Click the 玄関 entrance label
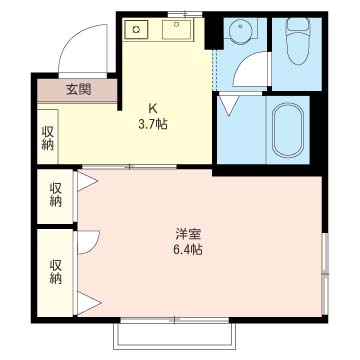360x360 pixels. click(79, 89)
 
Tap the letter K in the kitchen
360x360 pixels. click(153, 108)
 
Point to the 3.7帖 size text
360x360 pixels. click(153, 124)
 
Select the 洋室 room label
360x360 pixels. click(187, 235)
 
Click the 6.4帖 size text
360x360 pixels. click(187, 251)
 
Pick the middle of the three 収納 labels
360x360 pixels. click(54, 194)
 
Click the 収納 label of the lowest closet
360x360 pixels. click(54, 270)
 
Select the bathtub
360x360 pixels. click(290, 131)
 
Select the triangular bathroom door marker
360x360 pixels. click(229, 102)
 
